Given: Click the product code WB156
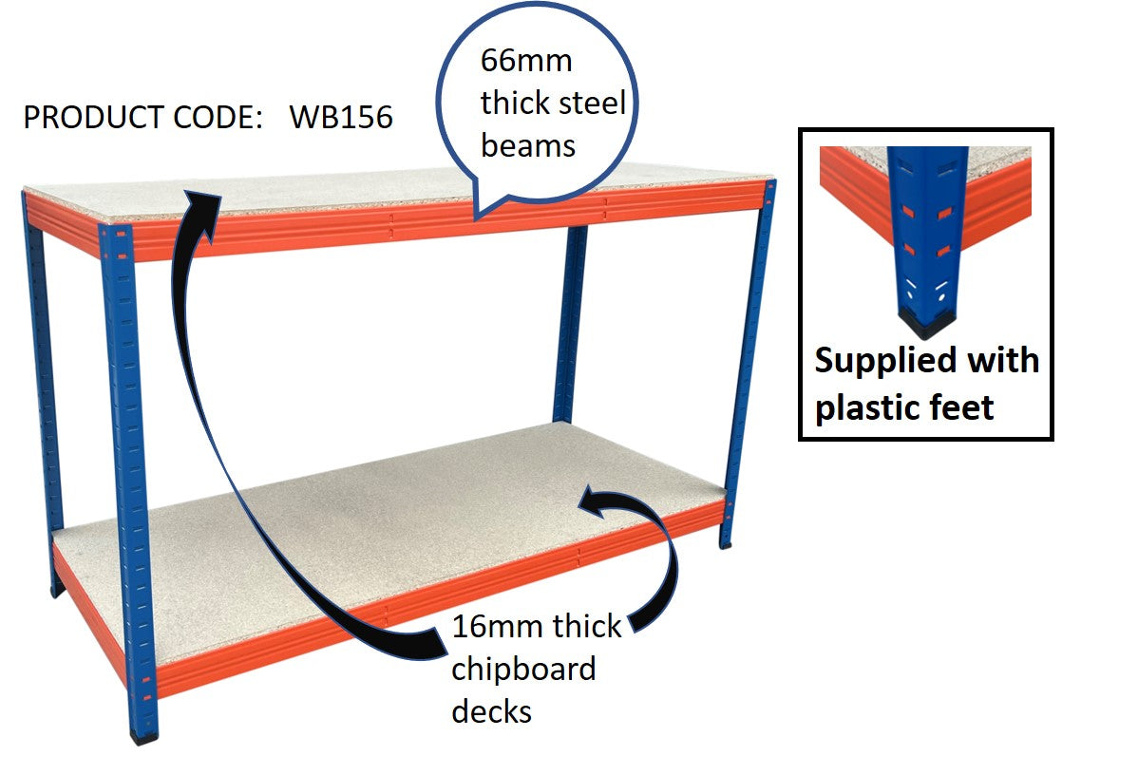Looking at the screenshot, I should coord(341,118).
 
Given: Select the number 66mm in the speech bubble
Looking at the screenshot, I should coord(527,61).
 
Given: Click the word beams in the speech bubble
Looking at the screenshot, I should coord(528,145).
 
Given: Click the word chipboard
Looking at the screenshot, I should coord(523,669).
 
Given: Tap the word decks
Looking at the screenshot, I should coord(491,710).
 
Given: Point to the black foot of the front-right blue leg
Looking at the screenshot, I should coord(727,542).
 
